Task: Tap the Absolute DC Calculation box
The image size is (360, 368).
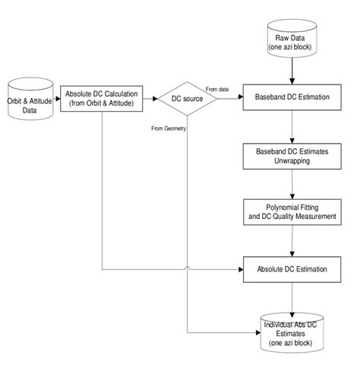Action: pos(102,98)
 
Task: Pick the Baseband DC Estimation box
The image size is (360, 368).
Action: pos(293,98)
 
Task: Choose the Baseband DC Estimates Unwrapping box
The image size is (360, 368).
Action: pos(293,156)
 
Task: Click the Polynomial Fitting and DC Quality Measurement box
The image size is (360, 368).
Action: pos(293,211)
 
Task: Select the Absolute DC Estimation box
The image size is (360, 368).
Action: pos(293,268)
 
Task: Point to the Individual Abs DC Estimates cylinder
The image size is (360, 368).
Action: pos(293,330)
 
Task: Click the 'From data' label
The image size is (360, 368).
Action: pos(218,89)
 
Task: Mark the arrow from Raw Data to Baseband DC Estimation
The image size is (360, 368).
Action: pos(293,72)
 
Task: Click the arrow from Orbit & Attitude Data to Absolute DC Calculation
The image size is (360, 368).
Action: pos(50,98)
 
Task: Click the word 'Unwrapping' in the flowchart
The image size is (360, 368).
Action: pos(293,161)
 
